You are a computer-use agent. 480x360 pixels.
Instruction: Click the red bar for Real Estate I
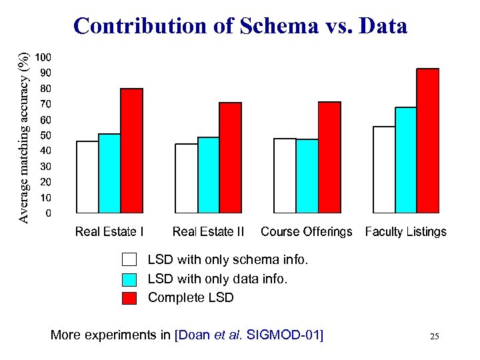(x=131, y=151)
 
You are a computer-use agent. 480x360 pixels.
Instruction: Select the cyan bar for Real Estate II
(x=209, y=175)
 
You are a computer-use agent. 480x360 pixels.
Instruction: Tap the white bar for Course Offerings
(x=285, y=175)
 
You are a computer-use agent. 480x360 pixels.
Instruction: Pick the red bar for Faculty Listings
(x=428, y=141)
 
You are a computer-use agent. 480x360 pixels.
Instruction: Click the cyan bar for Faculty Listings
(x=406, y=160)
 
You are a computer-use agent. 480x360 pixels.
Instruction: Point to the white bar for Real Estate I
(x=87, y=177)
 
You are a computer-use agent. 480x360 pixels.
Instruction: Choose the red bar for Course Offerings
(x=329, y=157)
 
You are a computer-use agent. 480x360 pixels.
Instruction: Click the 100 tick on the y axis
(x=44, y=57)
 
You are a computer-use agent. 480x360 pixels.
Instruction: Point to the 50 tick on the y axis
(x=44, y=135)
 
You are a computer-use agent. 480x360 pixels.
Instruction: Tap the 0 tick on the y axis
(x=47, y=213)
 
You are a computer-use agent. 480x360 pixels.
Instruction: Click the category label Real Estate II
(x=208, y=232)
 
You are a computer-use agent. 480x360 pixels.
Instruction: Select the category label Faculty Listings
(x=405, y=232)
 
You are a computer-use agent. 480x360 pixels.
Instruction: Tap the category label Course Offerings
(x=306, y=232)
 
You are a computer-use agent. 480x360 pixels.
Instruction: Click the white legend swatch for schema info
(x=129, y=259)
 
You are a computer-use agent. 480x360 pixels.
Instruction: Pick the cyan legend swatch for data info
(x=129, y=279)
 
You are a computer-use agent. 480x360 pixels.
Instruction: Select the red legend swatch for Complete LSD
(x=129, y=297)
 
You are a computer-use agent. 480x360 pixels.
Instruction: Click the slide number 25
(x=434, y=337)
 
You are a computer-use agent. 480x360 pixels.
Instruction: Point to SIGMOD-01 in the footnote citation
(x=284, y=335)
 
